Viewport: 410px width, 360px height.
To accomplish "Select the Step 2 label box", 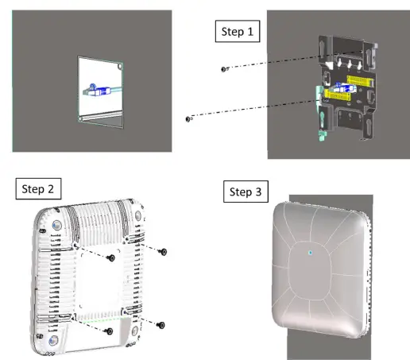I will pos(39,190).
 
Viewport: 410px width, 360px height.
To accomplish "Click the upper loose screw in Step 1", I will pos(225,69).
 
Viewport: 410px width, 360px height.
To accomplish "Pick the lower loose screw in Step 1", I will pos(188,119).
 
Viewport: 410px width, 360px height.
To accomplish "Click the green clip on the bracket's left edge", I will pos(322,119).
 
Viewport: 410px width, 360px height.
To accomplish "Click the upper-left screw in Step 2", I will pos(112,258).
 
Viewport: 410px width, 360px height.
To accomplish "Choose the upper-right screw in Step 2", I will pos(164,251).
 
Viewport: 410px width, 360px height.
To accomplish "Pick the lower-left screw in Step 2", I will pos(110,331).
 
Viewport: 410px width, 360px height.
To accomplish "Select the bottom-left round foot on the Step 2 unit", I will pos(52,340).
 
